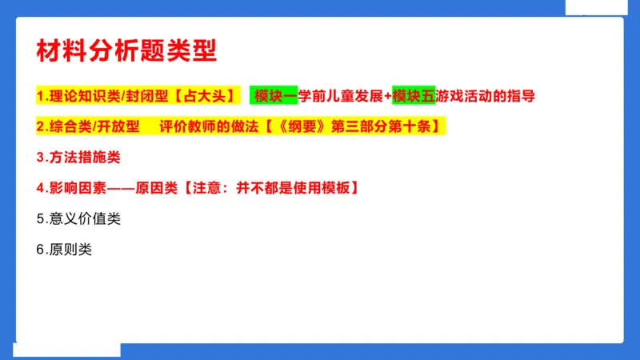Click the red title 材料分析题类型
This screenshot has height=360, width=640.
coord(126,49)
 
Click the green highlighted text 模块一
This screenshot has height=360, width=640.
coord(274,96)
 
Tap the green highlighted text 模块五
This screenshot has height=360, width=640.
coord(414,96)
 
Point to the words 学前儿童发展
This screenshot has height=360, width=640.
coord(342,96)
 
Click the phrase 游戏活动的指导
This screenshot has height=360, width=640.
coord(486,96)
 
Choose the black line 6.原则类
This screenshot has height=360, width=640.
coord(64,249)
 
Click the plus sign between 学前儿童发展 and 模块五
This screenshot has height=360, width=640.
coord(388,96)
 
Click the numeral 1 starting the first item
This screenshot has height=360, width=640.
coord(40,96)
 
